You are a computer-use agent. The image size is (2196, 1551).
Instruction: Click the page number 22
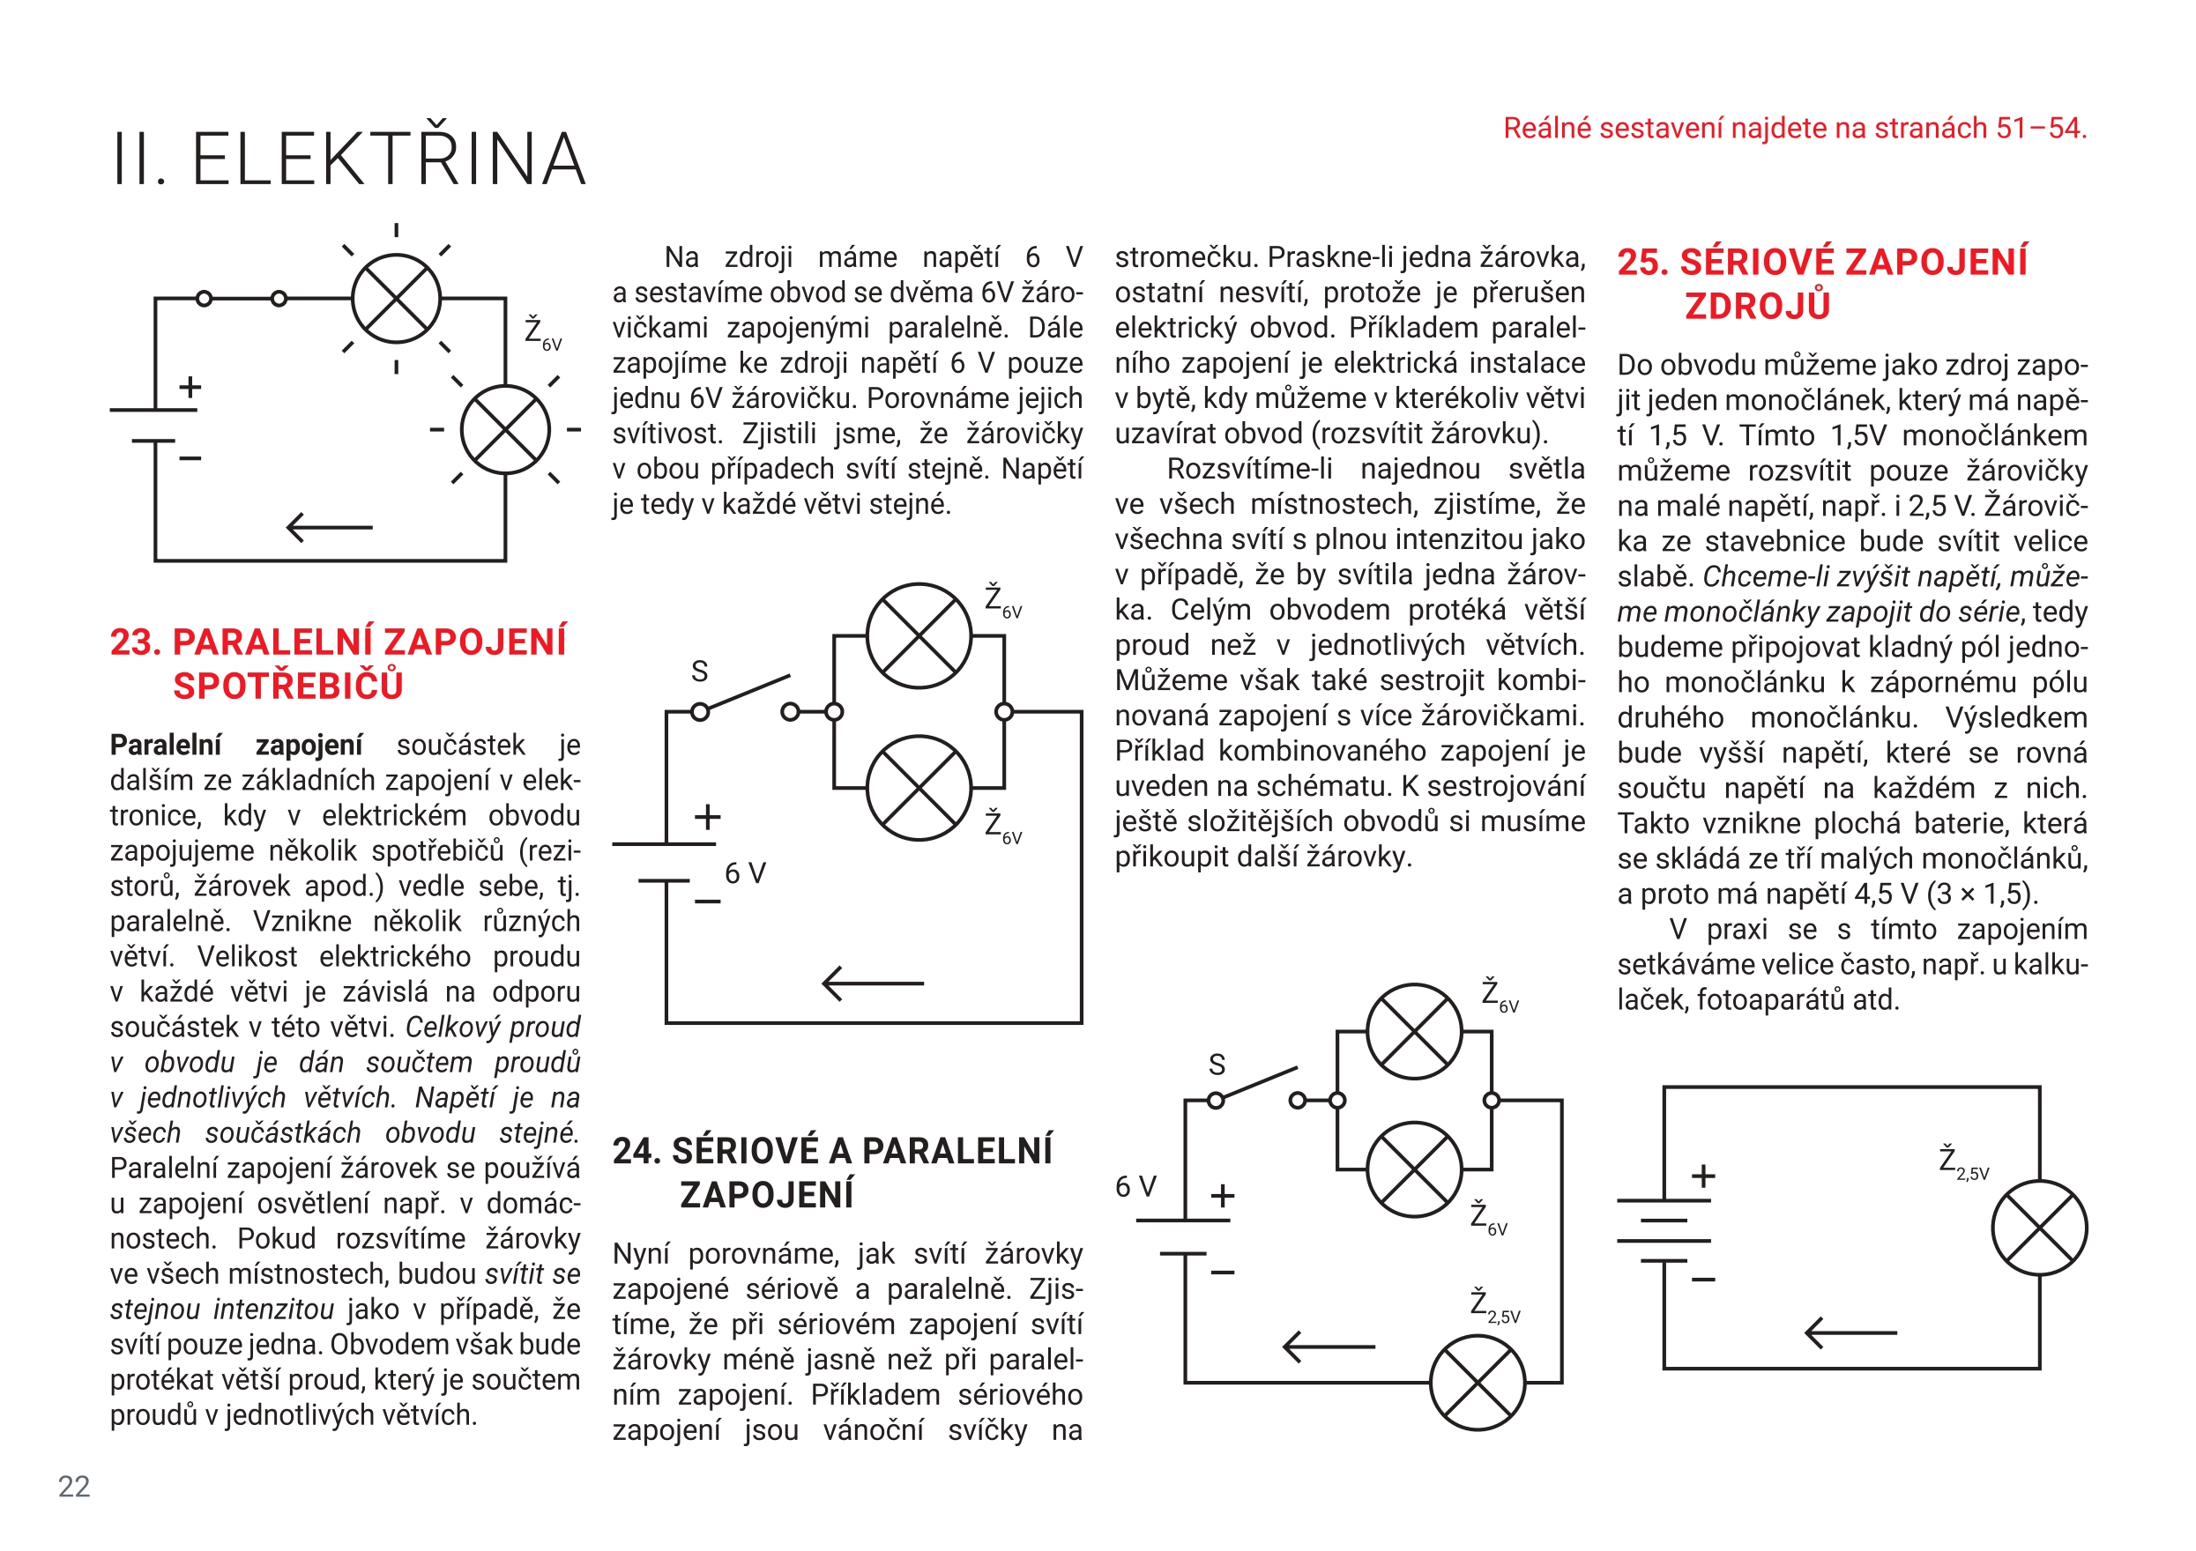point(74,1486)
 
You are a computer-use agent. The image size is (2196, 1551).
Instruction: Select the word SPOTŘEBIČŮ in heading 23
point(288,686)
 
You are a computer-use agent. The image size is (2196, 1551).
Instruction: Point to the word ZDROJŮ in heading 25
point(1757,306)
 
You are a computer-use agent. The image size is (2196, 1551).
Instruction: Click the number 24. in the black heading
point(638,1150)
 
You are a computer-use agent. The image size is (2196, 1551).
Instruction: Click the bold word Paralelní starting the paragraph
point(166,745)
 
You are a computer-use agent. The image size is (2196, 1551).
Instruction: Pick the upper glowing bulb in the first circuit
point(396,299)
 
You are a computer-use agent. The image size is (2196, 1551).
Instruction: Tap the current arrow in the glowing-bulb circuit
point(329,527)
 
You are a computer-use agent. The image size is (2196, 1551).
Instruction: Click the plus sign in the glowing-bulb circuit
point(190,386)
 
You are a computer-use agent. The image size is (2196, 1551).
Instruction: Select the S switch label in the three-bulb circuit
point(1217,1065)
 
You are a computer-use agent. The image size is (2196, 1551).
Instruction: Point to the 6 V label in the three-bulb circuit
point(1135,1187)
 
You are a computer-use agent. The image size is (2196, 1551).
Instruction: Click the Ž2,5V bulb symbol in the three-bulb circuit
point(1477,1383)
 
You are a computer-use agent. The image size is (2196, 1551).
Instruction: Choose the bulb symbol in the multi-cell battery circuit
point(2039,1228)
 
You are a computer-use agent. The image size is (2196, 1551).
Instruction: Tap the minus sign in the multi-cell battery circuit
point(1703,1279)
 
